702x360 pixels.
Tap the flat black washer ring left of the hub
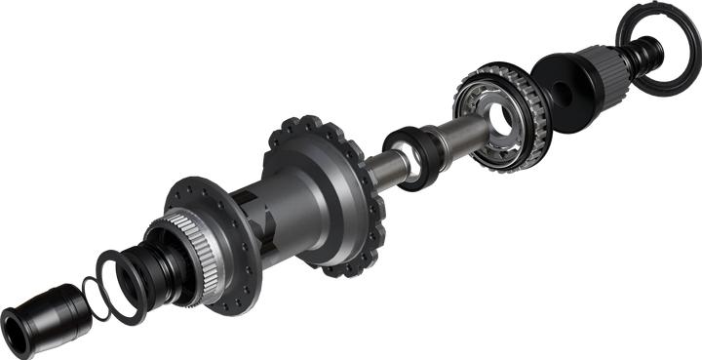[x=118, y=283]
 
